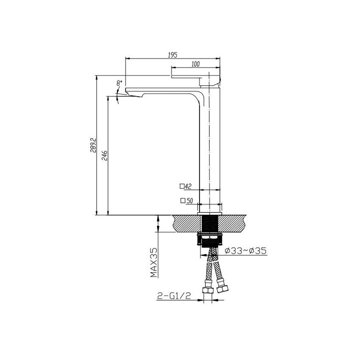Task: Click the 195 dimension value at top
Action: tap(172, 55)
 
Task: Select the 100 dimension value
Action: tap(195, 64)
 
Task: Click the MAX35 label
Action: tap(154, 263)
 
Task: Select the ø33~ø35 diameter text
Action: tap(245, 251)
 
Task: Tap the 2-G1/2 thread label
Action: tap(174, 296)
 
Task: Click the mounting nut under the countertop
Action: tap(210, 240)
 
